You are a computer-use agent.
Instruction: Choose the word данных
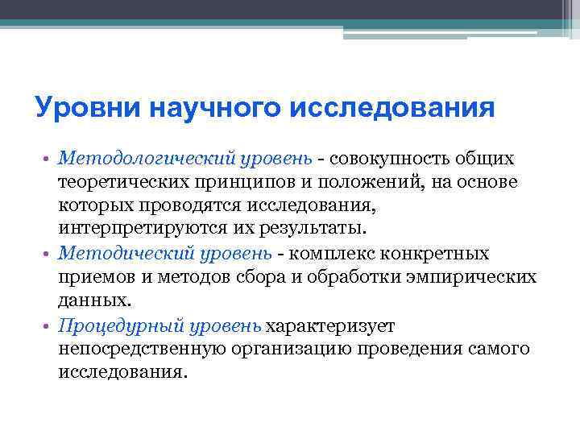tap(93, 301)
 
